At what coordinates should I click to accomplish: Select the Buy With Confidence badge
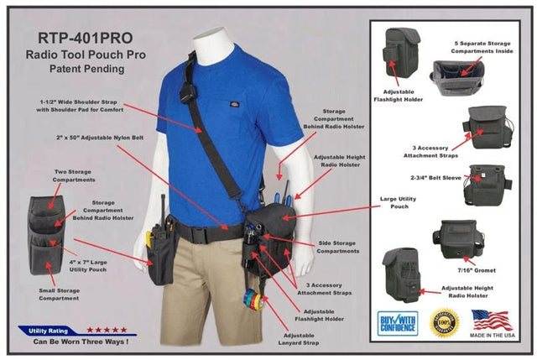pyautogui.click(x=397, y=323)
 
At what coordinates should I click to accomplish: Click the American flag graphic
pyautogui.click(x=491, y=319)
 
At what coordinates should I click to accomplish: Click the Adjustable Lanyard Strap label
pyautogui.click(x=305, y=340)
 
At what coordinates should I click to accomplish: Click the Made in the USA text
pyautogui.click(x=491, y=338)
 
